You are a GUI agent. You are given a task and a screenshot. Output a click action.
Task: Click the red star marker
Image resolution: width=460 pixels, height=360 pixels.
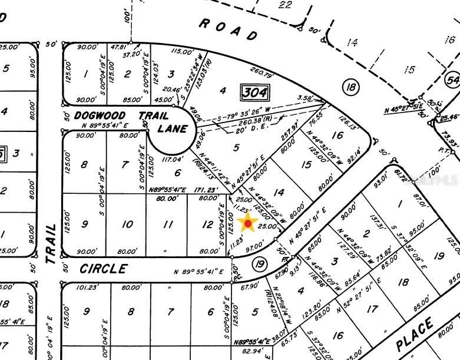coord(248,223)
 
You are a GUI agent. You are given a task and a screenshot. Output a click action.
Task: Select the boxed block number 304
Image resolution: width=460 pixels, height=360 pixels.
coord(254,92)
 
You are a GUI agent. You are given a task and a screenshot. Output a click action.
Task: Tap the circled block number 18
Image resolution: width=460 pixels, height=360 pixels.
coord(351,88)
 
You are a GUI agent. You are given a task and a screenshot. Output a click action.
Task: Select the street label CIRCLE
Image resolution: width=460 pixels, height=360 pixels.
coord(103,269)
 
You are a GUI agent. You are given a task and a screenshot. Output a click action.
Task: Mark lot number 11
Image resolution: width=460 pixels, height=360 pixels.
coord(168,224)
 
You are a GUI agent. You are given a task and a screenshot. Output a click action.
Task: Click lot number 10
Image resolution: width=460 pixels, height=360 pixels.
coord(127,224)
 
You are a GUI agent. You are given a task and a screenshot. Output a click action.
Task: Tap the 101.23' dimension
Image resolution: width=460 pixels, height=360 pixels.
coord(85,288)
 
